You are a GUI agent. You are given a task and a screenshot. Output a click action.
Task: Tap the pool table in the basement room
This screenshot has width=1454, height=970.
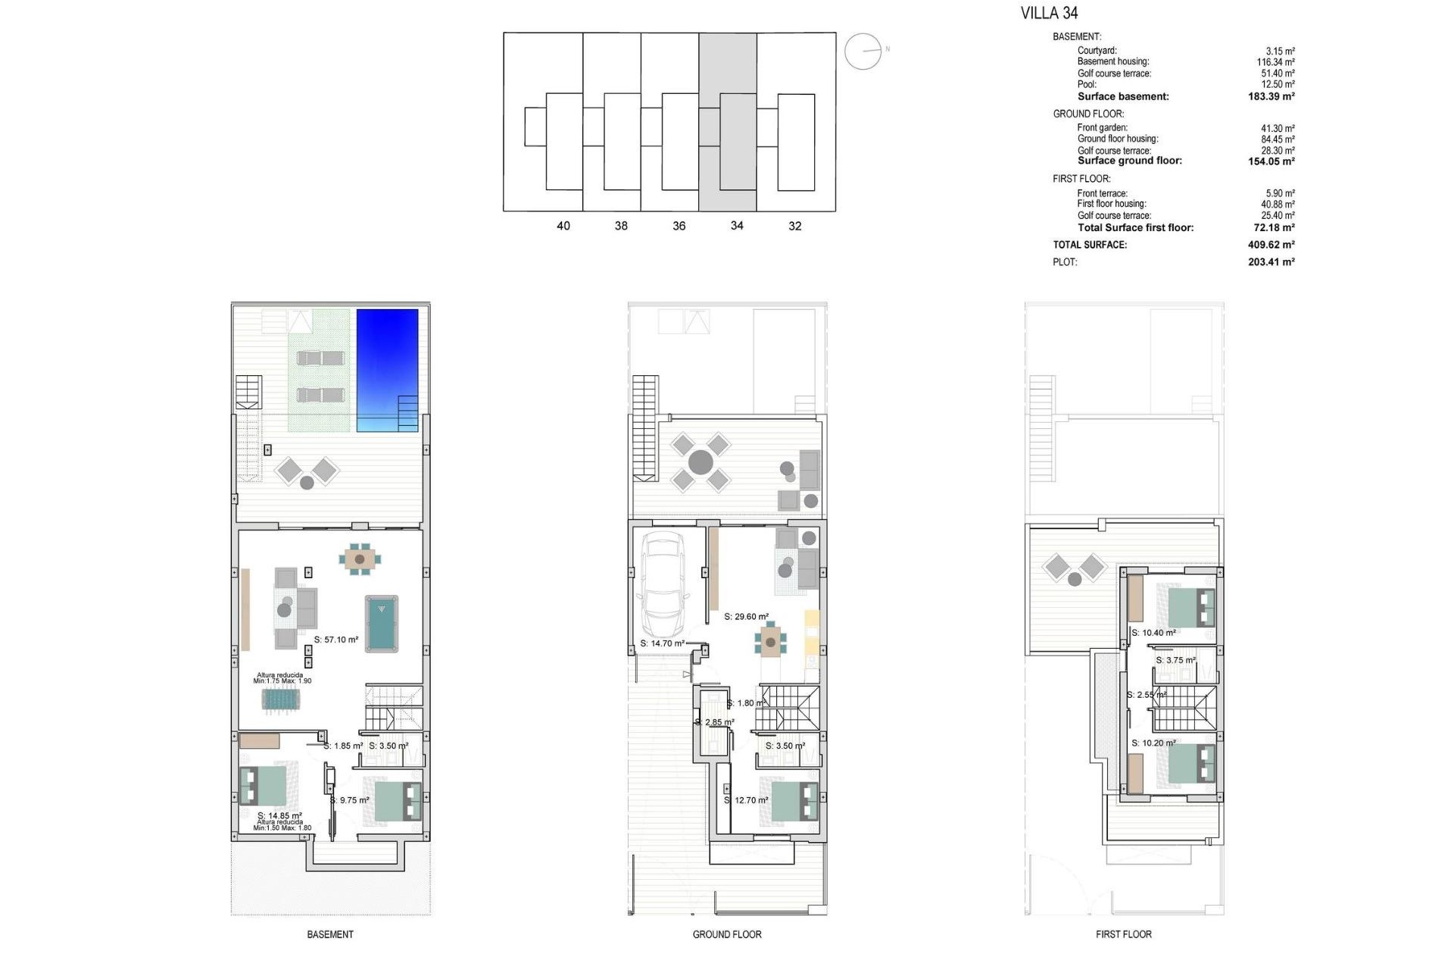coord(382,624)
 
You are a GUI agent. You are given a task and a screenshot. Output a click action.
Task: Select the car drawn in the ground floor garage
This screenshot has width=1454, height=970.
coord(663,586)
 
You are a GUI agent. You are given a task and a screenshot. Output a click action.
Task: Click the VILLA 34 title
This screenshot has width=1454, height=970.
coord(1049,13)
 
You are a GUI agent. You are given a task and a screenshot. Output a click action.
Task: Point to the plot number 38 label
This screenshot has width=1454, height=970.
coord(621,226)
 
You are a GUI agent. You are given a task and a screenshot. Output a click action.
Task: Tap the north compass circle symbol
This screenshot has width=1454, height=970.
coord(863,52)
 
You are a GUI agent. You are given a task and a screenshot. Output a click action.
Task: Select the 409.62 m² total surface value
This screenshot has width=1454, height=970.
coord(1271,245)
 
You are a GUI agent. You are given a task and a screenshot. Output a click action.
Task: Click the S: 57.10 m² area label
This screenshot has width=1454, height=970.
coord(336,640)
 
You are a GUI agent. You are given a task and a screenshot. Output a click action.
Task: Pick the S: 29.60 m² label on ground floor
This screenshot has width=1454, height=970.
coord(746,617)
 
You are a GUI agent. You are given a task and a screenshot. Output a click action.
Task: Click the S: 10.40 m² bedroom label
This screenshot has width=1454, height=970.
coord(1153,633)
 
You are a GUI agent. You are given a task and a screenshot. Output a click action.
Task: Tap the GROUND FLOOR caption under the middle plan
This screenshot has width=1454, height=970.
coord(727,934)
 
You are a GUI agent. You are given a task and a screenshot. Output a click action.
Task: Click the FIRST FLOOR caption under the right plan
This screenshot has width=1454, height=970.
coord(1123,934)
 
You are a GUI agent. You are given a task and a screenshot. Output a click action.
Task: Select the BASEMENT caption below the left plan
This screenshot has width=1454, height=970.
coord(330,934)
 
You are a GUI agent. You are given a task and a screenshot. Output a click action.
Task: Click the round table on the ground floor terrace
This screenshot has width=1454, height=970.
coord(700,462)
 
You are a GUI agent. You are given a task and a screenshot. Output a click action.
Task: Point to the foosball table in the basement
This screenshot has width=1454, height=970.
coord(282,699)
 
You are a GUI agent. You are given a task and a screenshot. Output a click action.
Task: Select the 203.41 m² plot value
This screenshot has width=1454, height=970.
coord(1271,262)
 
